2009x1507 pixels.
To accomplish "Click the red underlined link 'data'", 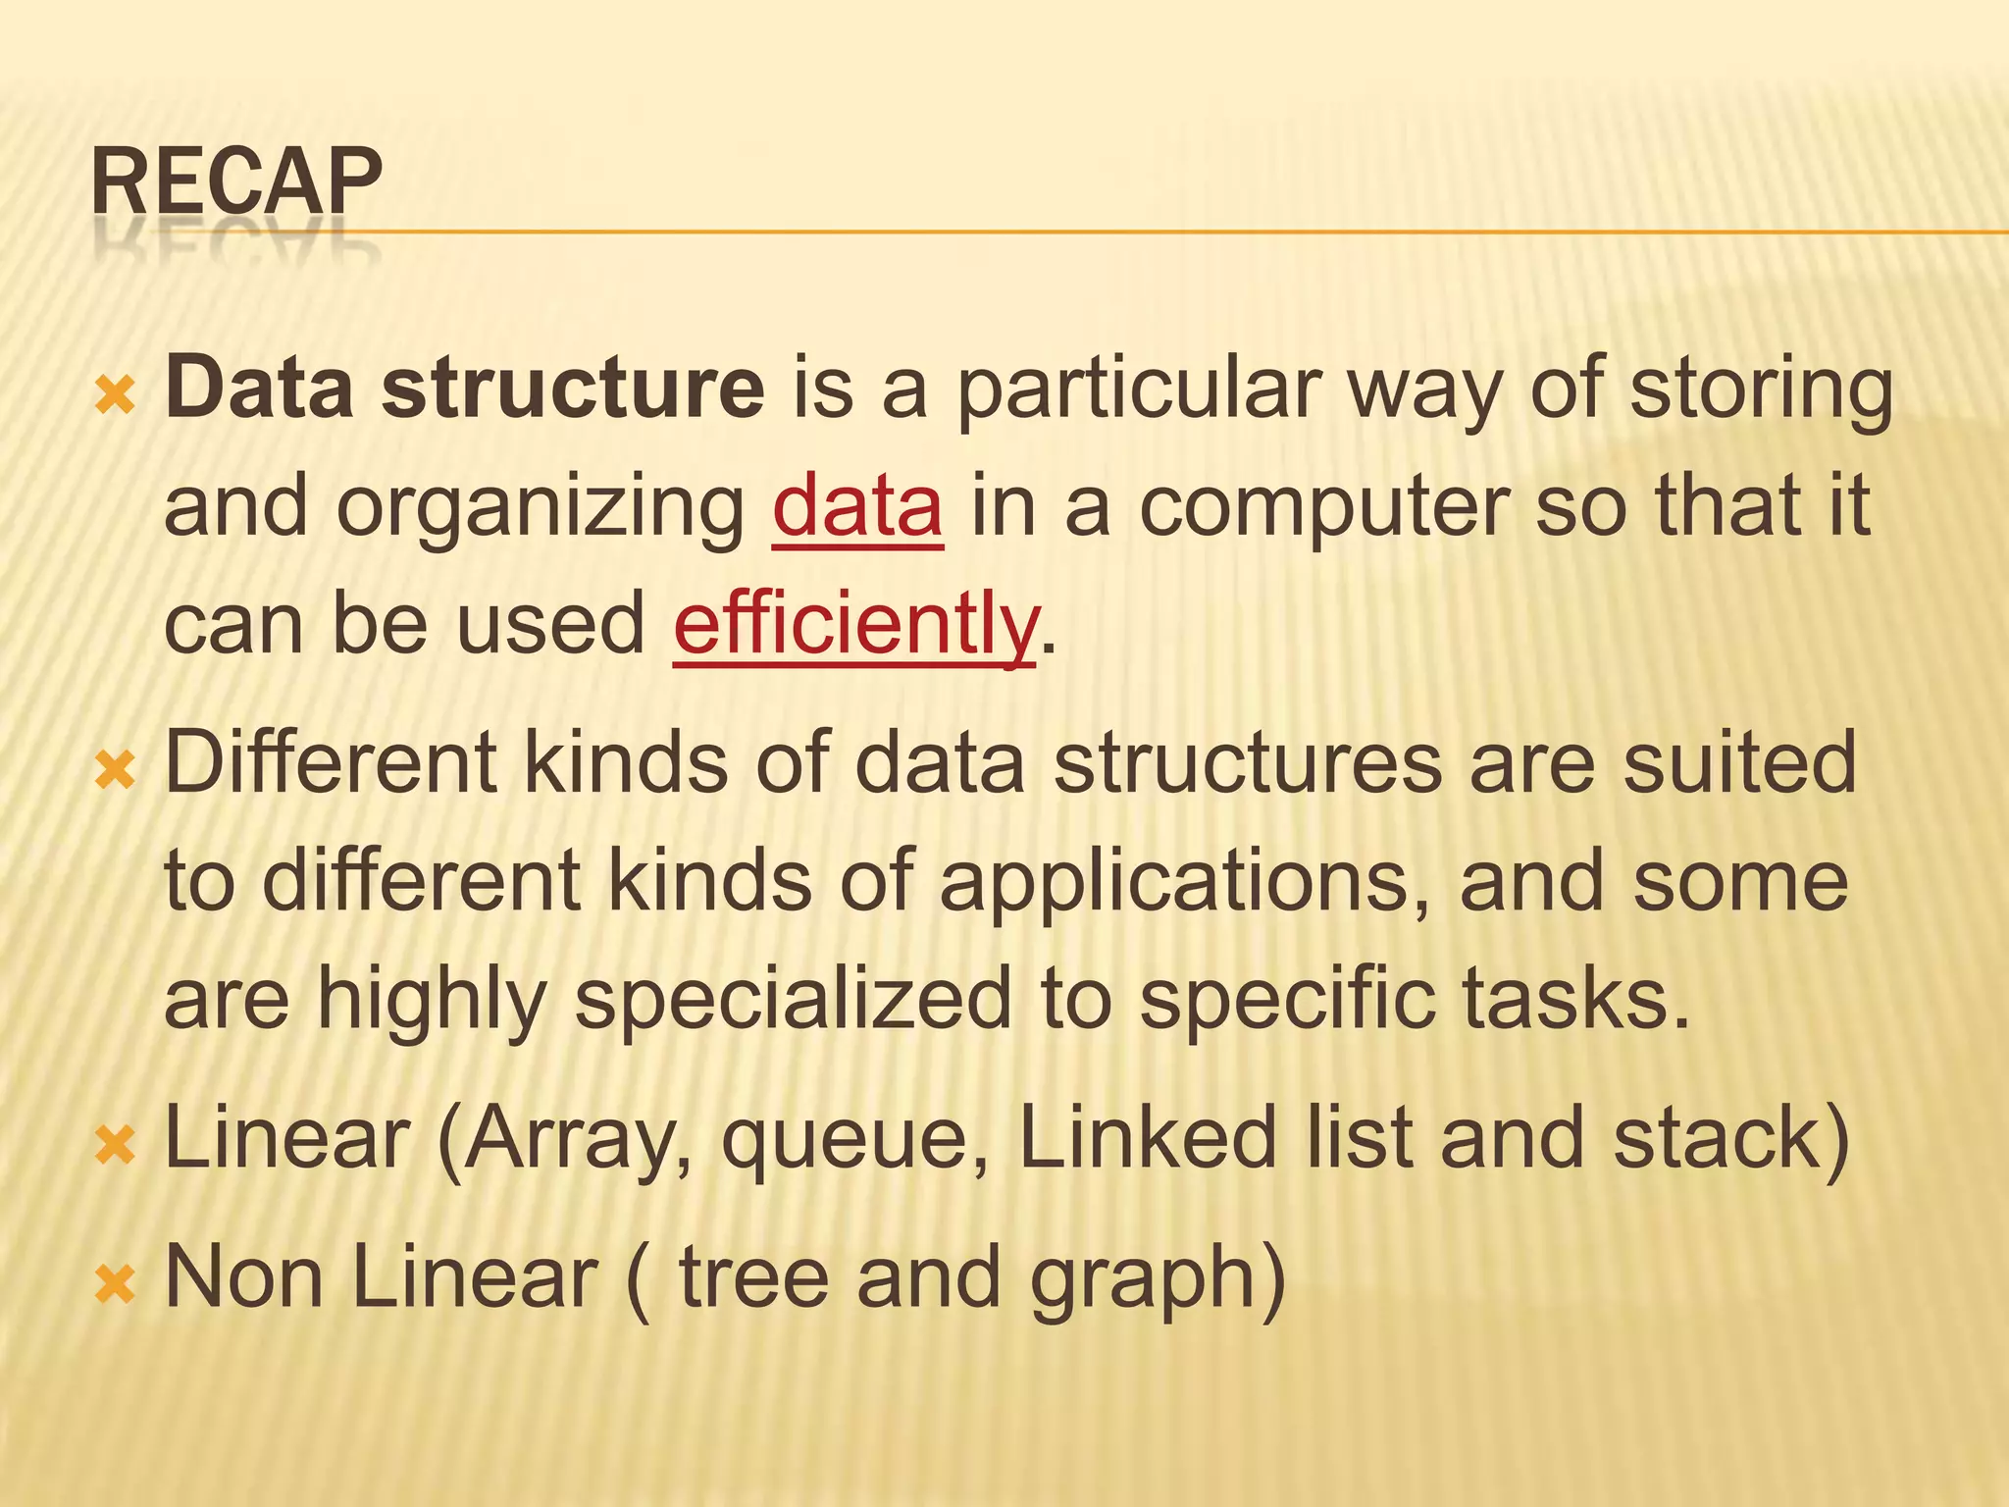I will click(x=857, y=506).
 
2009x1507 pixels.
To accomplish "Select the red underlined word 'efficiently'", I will click(x=854, y=624).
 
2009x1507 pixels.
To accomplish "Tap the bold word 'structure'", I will click(x=573, y=389).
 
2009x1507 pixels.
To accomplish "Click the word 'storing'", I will click(x=1761, y=390).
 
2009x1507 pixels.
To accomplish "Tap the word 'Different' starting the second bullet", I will click(x=330, y=762).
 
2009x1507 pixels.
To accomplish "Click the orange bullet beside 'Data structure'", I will click(x=115, y=396).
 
